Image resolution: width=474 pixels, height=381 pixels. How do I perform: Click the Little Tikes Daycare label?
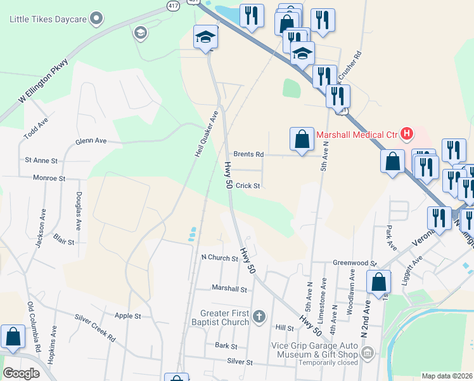48,19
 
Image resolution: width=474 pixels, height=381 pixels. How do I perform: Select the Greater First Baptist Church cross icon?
259,316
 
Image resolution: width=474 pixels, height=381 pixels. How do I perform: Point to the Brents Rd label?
248,154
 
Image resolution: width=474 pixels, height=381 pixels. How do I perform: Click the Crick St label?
248,186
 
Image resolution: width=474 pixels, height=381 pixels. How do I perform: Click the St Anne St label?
41,161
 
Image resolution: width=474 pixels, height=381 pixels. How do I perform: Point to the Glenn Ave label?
91,141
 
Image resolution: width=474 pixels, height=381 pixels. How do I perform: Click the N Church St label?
219,258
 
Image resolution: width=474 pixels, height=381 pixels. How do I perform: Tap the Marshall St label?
229,289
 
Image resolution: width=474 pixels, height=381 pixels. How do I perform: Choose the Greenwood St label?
355,262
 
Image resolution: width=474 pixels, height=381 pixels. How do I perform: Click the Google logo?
21,373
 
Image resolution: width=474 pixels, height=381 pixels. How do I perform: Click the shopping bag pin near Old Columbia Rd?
13,337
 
